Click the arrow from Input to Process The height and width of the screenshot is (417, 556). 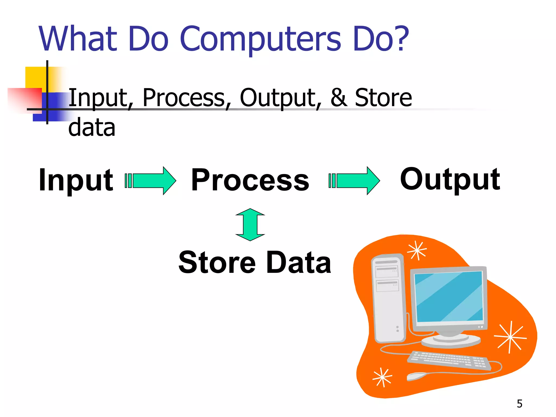151,181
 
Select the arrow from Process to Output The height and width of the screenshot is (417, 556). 355,181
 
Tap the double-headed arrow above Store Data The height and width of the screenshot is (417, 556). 250,225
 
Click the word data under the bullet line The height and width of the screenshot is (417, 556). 92,128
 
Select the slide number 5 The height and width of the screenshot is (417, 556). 519,404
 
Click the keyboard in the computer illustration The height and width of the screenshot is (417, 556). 449,360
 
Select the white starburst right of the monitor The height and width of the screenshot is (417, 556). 510,337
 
